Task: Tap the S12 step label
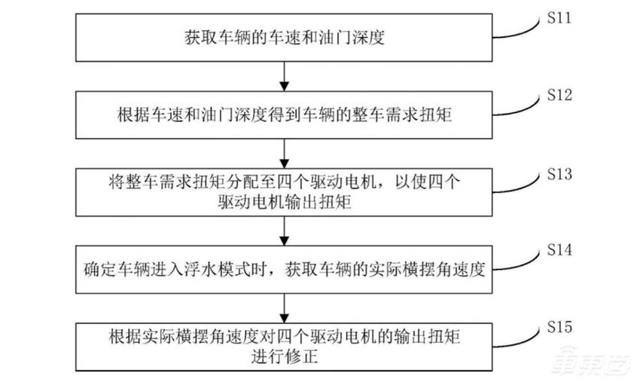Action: pos(558,95)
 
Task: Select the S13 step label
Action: pos(558,173)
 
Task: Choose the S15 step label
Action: pos(558,327)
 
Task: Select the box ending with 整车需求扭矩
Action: pos(285,115)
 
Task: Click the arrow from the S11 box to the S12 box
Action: pos(285,75)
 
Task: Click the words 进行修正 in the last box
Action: pos(285,356)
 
